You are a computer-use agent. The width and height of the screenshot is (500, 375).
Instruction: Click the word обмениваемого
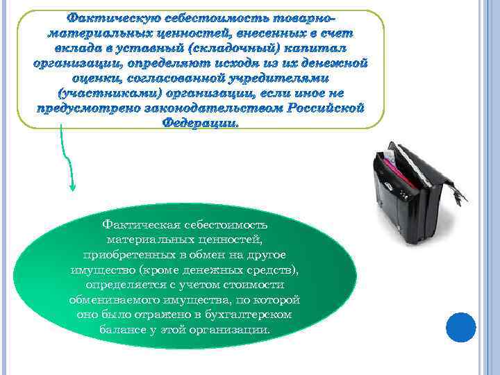[112, 300]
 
